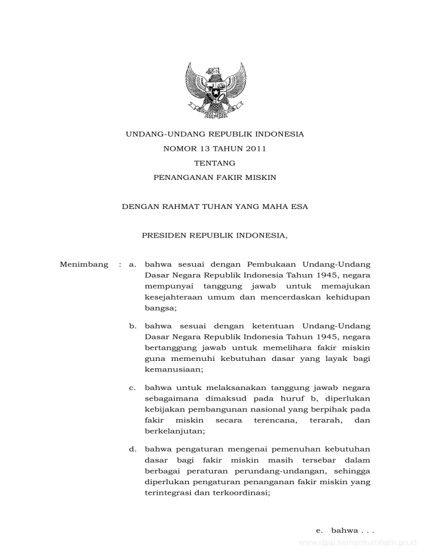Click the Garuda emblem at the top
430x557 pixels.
pos(216,89)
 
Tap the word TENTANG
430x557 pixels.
pos(214,163)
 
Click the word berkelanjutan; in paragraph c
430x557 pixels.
pos(174,431)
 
